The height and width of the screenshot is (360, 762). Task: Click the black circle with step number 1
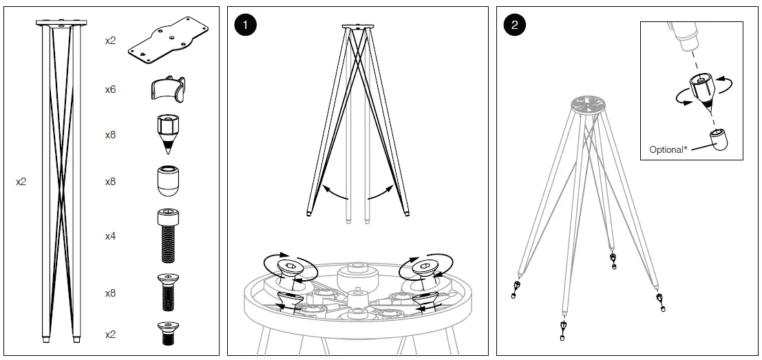[244, 26]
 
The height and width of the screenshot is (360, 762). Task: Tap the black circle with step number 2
[514, 26]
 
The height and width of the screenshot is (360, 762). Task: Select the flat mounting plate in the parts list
[168, 41]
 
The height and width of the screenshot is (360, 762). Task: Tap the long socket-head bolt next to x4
[167, 236]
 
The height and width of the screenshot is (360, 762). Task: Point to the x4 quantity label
[110, 236]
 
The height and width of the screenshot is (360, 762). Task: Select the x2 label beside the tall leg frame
[21, 182]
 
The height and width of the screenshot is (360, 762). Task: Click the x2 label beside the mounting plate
[110, 41]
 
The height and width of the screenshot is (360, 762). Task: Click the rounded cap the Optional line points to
[718, 140]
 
